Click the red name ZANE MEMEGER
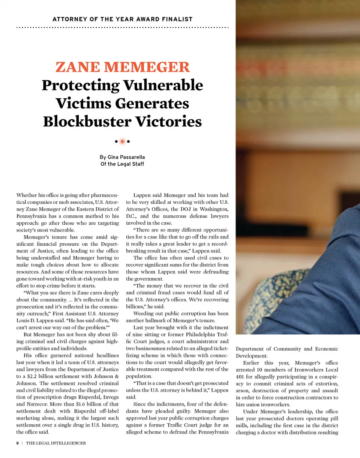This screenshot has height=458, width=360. tap(122, 68)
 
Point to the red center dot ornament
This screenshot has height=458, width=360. tap(122, 141)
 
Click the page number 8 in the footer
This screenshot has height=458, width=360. tap(18, 443)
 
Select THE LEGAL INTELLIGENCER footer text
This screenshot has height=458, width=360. tap(56, 443)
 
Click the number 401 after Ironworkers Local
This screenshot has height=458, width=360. tap(240, 377)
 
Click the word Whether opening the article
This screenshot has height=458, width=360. tap(27, 195)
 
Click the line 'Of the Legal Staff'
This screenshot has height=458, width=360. tap(122, 164)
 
